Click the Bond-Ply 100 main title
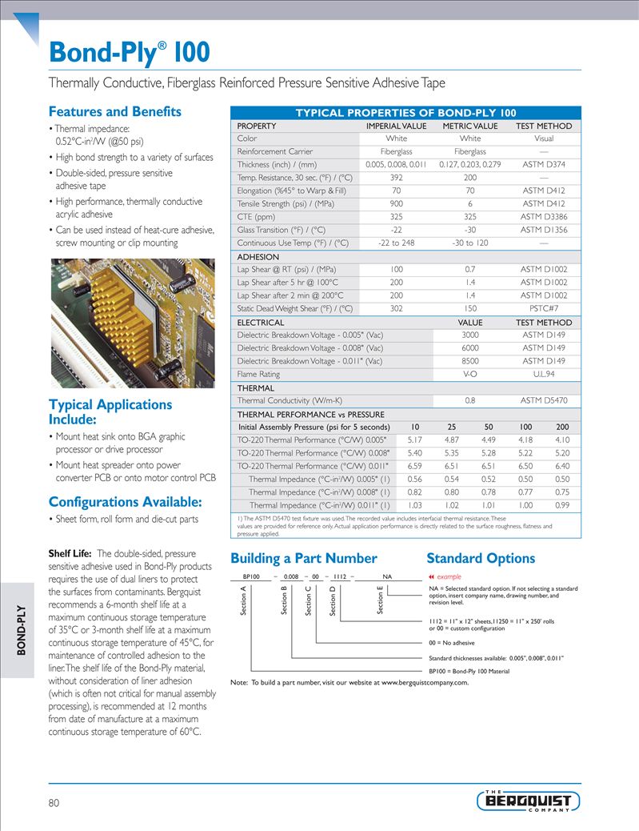pyautogui.click(x=130, y=53)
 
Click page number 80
pyautogui.click(x=54, y=802)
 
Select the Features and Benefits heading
pyautogui.click(x=115, y=111)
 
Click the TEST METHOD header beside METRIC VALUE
pyautogui.click(x=544, y=126)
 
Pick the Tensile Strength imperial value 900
pyautogui.click(x=396, y=204)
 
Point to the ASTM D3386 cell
pyautogui.click(x=544, y=217)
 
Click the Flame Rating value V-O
pyautogui.click(x=470, y=374)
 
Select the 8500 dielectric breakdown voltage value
pyautogui.click(x=470, y=361)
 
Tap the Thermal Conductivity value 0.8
pyautogui.click(x=470, y=400)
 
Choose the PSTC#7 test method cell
pyautogui.click(x=544, y=308)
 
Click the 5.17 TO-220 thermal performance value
pyautogui.click(x=415, y=440)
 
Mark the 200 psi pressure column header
pyautogui.click(x=562, y=427)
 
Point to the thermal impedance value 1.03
pyautogui.click(x=415, y=505)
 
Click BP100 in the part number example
pyautogui.click(x=252, y=576)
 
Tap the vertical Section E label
pyautogui.click(x=381, y=601)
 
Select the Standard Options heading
pyautogui.click(x=481, y=558)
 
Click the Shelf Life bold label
pyautogui.click(x=70, y=553)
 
